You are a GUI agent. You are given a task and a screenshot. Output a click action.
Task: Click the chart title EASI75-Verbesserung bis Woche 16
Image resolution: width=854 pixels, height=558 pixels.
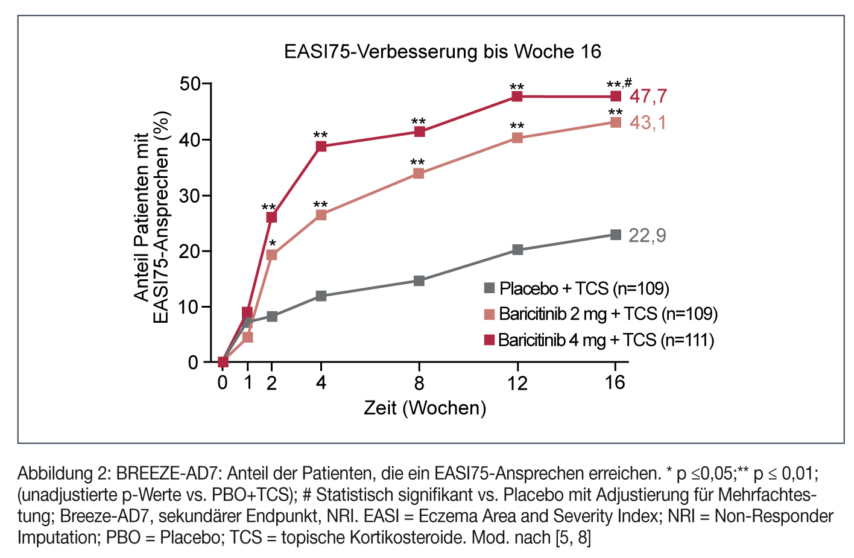coord(443,52)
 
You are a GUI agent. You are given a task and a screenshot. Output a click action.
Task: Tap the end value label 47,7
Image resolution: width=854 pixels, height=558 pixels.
coord(648,97)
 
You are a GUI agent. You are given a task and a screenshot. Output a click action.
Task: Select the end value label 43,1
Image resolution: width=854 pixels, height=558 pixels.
coord(648,123)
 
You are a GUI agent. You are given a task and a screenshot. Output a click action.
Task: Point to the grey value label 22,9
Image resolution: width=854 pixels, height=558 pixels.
coord(647,235)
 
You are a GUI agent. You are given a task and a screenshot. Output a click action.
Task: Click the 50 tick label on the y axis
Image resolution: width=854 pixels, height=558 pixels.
coord(189,84)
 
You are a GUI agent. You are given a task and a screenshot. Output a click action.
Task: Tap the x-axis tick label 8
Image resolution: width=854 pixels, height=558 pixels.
coord(419,383)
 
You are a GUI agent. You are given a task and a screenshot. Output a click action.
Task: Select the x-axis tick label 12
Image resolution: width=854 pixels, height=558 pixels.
coord(517,383)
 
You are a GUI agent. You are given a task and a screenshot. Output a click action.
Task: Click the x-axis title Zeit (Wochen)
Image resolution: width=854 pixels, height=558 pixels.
coord(425,408)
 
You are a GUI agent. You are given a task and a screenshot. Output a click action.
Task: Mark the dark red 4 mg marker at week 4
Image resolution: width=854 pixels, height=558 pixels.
coord(321,146)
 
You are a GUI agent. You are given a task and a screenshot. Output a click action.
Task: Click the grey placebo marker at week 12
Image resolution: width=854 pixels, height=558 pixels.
coord(517,250)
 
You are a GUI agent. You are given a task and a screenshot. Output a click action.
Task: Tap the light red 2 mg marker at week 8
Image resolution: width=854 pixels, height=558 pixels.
coord(419,174)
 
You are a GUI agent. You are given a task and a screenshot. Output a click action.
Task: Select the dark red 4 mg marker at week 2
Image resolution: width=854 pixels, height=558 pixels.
coord(271,217)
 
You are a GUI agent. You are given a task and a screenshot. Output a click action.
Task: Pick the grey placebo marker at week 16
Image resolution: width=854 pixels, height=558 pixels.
coord(615,235)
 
